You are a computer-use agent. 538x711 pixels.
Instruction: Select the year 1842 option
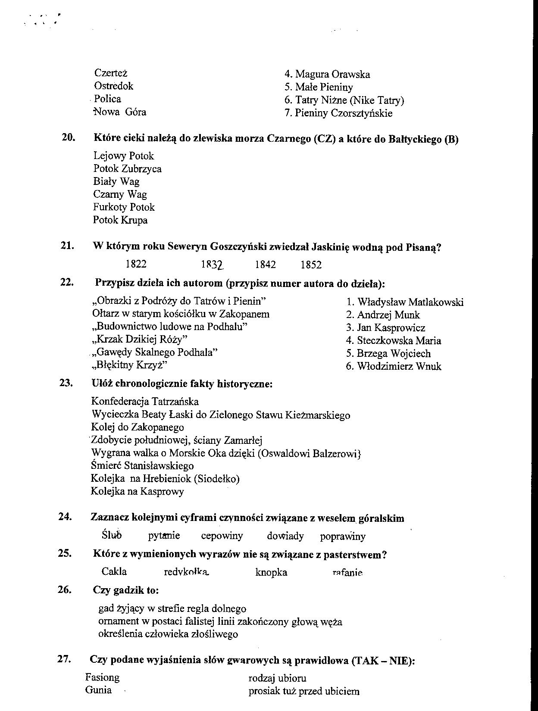[265, 265]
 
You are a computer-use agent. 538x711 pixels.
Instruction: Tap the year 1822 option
[136, 264]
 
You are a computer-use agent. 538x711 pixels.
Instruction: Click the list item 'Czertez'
[111, 73]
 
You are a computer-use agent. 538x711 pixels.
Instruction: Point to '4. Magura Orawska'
[327, 75]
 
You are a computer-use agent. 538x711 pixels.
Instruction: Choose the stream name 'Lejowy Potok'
[123, 156]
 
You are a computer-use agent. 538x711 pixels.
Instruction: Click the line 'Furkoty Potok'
[124, 207]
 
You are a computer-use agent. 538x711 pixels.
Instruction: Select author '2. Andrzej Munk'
[383, 315]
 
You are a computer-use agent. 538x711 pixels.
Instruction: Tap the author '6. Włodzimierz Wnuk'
[394, 367]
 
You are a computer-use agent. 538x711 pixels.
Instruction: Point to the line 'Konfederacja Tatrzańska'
[145, 402]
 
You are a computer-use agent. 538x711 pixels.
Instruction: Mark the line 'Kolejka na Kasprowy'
[137, 491]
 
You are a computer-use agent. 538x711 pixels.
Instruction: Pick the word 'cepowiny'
[222, 536]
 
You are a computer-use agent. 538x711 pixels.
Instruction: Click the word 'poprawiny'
[343, 536]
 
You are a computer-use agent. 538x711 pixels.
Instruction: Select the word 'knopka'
[271, 572]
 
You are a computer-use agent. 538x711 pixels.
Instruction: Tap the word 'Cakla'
[114, 571]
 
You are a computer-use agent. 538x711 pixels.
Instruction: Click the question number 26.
[64, 589]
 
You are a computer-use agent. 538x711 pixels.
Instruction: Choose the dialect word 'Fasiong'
[102, 677]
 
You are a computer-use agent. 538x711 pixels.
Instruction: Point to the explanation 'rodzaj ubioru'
[277, 678]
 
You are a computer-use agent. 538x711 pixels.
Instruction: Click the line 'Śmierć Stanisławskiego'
[142, 466]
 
